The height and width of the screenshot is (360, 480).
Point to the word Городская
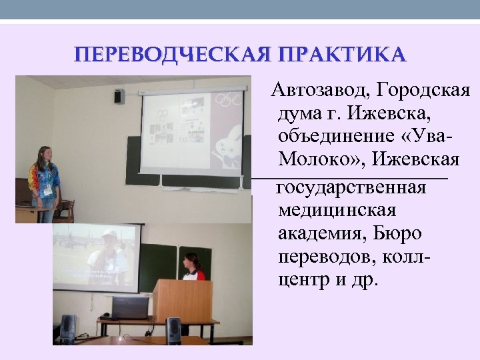[423, 90]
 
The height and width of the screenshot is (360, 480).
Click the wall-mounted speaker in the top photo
[119, 96]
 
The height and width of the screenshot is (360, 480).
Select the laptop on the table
[129, 308]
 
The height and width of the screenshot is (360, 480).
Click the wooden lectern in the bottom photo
[181, 301]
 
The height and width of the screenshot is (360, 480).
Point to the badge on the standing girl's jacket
[47, 189]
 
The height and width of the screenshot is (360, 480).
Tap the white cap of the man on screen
[109, 235]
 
